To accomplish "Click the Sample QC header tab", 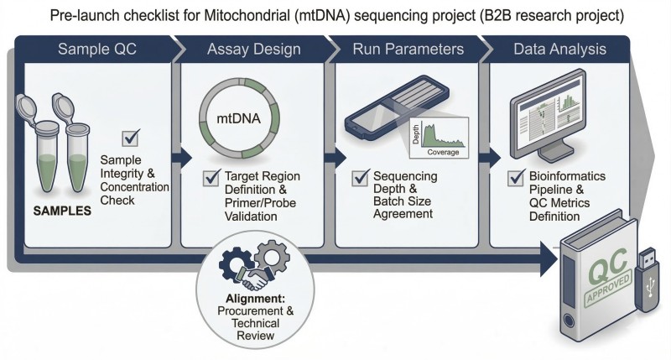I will coord(96,50).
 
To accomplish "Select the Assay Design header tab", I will coord(252,50).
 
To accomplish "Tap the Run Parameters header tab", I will coord(407,50).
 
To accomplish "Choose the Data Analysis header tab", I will coord(559,50).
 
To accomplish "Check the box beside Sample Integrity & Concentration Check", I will coord(131,138).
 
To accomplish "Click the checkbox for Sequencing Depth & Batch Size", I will coord(362,178).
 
